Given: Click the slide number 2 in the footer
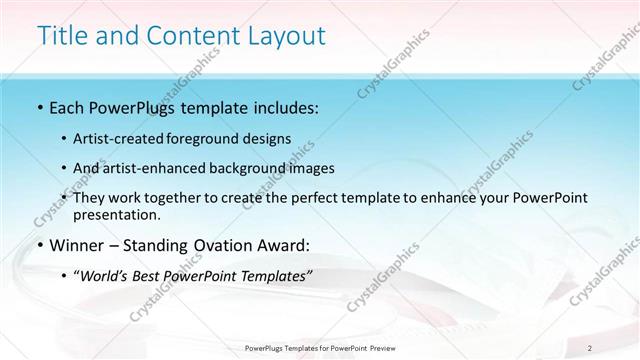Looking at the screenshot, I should pos(591,347).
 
